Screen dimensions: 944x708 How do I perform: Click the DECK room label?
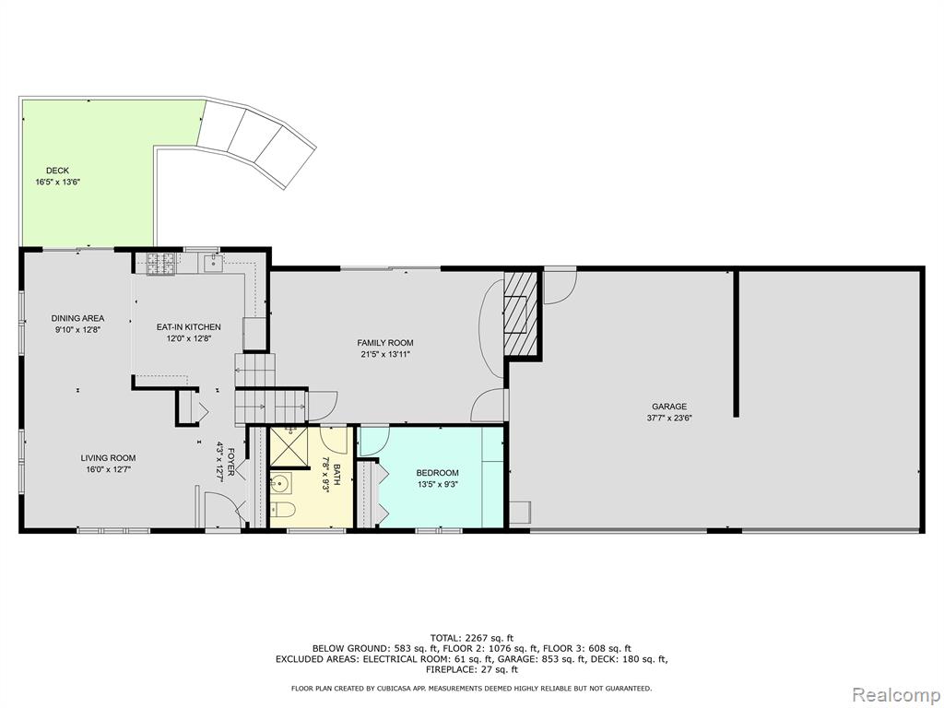coord(57,171)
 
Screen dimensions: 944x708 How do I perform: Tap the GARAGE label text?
coord(669,407)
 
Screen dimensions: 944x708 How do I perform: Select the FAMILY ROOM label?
coord(385,343)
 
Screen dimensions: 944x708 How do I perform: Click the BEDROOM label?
coord(438,473)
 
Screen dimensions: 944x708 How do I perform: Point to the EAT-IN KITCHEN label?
coord(188,327)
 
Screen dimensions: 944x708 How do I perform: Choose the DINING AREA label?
coord(77,318)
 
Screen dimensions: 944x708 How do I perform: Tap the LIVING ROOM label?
coord(109,458)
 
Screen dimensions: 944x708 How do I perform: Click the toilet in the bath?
coord(281,509)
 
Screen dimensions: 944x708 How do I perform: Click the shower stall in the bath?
coord(289,447)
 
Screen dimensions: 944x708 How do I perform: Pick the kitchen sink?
coord(213,263)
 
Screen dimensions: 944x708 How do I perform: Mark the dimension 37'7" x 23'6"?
coord(669,418)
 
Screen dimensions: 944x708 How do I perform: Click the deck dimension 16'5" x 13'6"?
coord(58,181)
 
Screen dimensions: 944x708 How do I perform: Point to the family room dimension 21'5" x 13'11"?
coord(385,353)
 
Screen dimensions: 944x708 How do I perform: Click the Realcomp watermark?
coord(896,695)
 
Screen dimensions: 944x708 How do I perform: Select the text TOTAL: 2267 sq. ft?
coord(471,638)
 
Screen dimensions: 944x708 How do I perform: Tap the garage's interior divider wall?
coord(736,344)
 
